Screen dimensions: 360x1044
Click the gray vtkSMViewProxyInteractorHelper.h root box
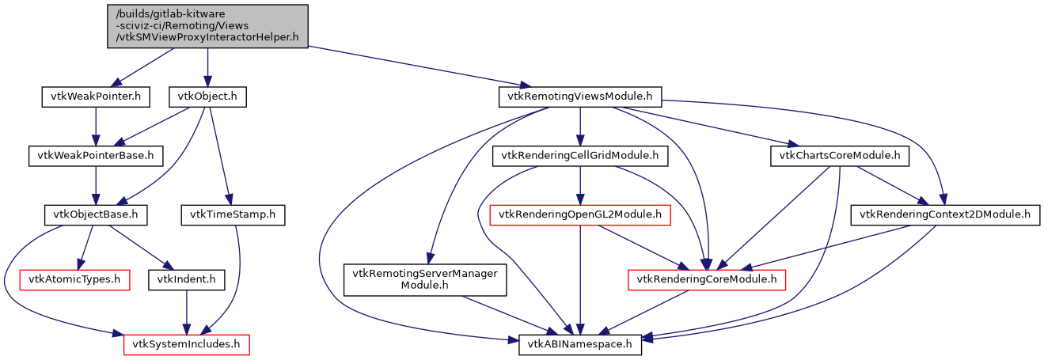207,26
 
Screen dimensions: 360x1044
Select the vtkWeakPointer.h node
95,97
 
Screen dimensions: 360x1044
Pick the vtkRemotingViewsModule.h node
580,97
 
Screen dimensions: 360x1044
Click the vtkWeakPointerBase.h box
95,156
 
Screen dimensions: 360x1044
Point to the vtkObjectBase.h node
95,214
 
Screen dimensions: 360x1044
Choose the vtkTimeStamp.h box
233,214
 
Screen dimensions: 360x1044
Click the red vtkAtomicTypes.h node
74,279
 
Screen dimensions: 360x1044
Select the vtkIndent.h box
186,279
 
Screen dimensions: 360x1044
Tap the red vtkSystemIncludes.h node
186,345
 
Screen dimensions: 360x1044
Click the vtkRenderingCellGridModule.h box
580,156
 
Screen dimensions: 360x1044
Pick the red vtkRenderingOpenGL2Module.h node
580,214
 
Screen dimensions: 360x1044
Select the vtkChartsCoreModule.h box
839,156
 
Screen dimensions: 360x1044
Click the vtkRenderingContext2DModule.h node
945,214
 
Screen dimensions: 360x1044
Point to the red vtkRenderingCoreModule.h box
706,279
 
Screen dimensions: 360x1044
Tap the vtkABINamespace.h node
580,345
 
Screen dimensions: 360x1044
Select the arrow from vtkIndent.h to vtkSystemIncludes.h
186,312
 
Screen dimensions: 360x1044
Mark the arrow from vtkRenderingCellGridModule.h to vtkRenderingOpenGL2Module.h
580,185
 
